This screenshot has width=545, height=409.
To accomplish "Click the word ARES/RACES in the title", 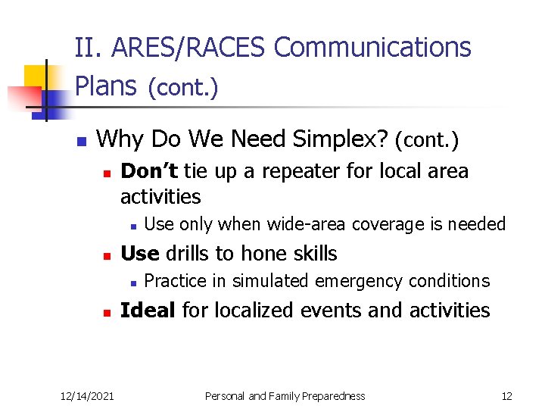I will [x=189, y=48].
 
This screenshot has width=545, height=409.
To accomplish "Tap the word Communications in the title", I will [x=372, y=48].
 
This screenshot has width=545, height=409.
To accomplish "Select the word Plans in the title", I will [x=107, y=87].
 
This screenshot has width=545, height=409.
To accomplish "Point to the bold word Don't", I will [x=149, y=171].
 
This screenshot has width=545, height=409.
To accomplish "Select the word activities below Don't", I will [x=160, y=197].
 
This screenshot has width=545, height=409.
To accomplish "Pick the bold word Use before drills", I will [x=139, y=254].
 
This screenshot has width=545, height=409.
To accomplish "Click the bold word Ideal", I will [x=148, y=311].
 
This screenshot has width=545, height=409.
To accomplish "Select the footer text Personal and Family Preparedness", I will [x=285, y=396].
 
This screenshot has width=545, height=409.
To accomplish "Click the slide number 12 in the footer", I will [x=506, y=396].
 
